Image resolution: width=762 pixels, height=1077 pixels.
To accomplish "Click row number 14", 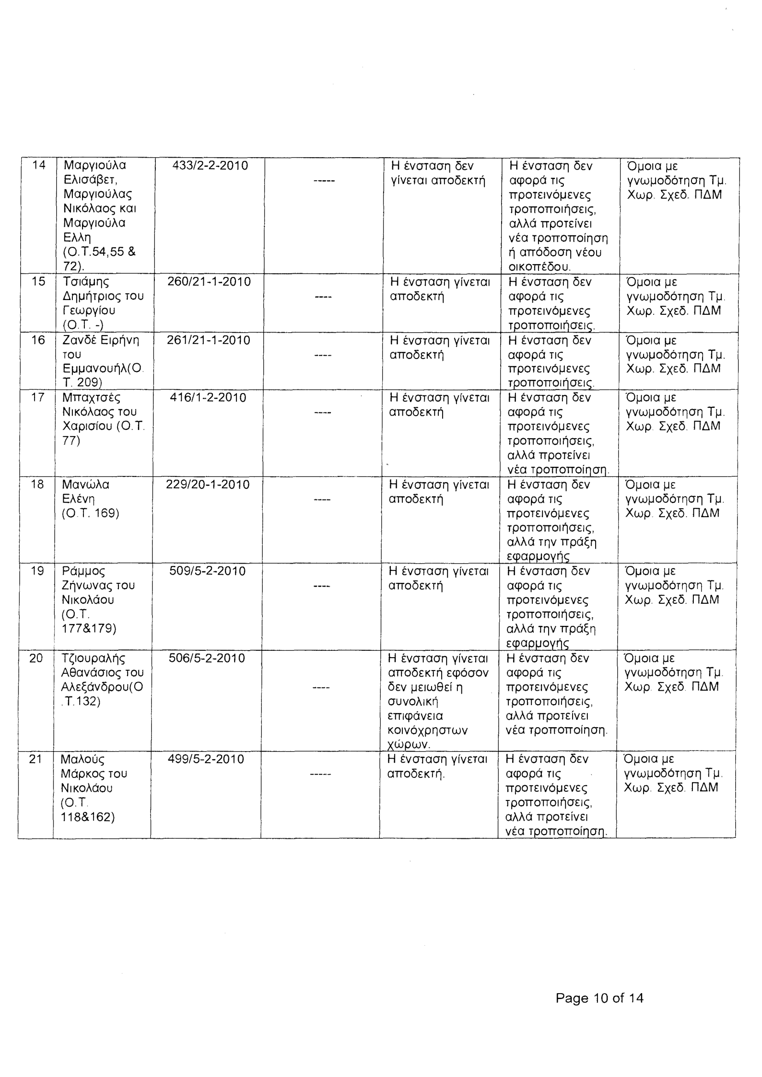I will (39, 165).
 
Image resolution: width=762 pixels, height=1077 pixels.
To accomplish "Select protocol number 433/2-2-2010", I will (210, 165).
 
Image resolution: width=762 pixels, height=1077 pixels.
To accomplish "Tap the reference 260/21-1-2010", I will (209, 282).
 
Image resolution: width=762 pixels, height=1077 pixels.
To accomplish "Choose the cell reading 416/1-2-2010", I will (208, 398).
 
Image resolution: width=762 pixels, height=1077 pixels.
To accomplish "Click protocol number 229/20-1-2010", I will (208, 484).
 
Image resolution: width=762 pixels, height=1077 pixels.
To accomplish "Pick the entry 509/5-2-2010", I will (207, 571).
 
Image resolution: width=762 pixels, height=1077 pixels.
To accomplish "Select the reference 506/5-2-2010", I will (207, 658).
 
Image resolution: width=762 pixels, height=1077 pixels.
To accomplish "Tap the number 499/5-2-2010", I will (206, 759).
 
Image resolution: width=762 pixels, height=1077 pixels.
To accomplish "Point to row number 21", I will (35, 759).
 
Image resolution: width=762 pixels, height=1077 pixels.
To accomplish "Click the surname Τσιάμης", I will (86, 282).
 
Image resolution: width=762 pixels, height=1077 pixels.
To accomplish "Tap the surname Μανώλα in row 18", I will (85, 484).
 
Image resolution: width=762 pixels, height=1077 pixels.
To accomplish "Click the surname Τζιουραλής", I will (94, 659).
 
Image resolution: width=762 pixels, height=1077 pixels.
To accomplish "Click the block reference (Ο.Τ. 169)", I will (90, 513).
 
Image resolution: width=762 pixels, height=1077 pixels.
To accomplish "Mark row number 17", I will (37, 398).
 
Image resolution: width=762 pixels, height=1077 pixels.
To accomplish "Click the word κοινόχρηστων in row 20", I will (428, 730).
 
